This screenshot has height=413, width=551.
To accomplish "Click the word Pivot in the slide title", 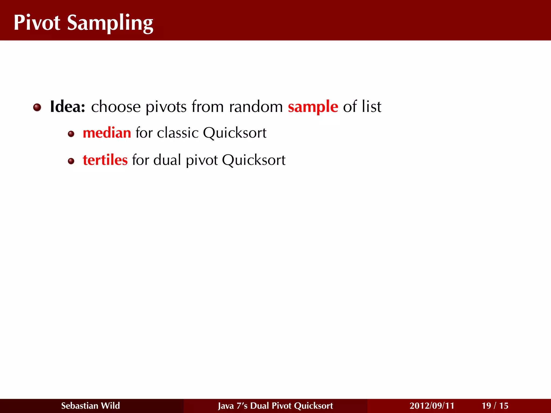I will tap(37, 23).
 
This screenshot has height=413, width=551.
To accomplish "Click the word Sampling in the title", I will tap(110, 24).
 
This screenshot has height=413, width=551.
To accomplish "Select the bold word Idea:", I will tap(68, 107).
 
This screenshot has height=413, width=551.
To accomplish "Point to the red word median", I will tap(107, 133).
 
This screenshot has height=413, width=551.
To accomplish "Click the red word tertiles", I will tap(105, 160).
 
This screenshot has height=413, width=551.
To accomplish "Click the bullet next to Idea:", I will tap(37, 108).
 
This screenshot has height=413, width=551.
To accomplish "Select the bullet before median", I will tap(71, 134).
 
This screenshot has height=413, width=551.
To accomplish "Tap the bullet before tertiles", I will tap(71, 161).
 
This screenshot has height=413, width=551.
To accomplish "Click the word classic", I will tap(178, 133).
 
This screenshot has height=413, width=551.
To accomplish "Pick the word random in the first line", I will tap(256, 107).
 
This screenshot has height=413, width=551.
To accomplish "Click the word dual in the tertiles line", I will tap(167, 160).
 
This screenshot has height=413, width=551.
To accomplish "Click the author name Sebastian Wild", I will tap(90, 406).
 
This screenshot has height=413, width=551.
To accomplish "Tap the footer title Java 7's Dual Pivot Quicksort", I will tap(275, 406).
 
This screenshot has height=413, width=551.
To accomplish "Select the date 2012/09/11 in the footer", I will tap(432, 406).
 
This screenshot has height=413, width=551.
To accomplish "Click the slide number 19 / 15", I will tap(495, 406).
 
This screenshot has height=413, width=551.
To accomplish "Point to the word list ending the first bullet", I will tap(371, 107).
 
